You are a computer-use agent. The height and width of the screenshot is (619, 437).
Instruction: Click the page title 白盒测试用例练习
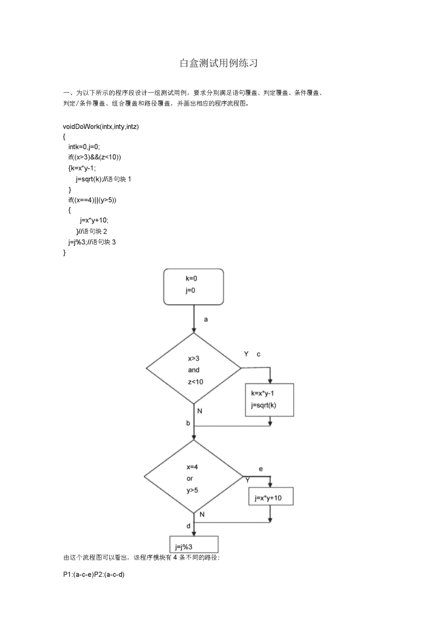coord(218,63)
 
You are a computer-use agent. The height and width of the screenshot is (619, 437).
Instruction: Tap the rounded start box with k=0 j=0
coord(193,287)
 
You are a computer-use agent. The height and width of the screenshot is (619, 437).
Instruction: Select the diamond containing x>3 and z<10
coord(193,368)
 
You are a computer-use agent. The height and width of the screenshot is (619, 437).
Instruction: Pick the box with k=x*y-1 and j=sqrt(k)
coord(269,400)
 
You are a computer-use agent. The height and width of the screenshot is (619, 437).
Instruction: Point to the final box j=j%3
coord(194,544)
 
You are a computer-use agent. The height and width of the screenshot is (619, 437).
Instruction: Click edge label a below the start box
coord(206,320)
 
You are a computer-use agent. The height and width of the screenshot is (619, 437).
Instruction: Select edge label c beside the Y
coord(259,354)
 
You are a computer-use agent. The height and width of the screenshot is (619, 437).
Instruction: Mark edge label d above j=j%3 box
coord(188,526)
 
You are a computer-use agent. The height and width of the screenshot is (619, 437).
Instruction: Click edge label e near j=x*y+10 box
coord(261,469)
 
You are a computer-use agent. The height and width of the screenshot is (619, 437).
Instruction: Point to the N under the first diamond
coord(200,411)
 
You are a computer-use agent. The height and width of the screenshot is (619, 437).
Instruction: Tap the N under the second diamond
coord(202,514)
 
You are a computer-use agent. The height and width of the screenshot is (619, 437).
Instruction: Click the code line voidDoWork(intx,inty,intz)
coord(101,126)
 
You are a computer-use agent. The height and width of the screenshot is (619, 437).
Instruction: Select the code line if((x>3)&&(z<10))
coord(95,157)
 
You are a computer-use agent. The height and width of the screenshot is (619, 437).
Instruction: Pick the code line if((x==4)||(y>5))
coord(92,200)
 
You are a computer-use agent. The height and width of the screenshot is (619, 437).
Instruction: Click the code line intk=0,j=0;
coord(84,146)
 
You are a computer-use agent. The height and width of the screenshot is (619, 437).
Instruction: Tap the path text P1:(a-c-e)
coord(79,575)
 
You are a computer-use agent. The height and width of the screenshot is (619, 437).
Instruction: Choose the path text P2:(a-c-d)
coord(109,575)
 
